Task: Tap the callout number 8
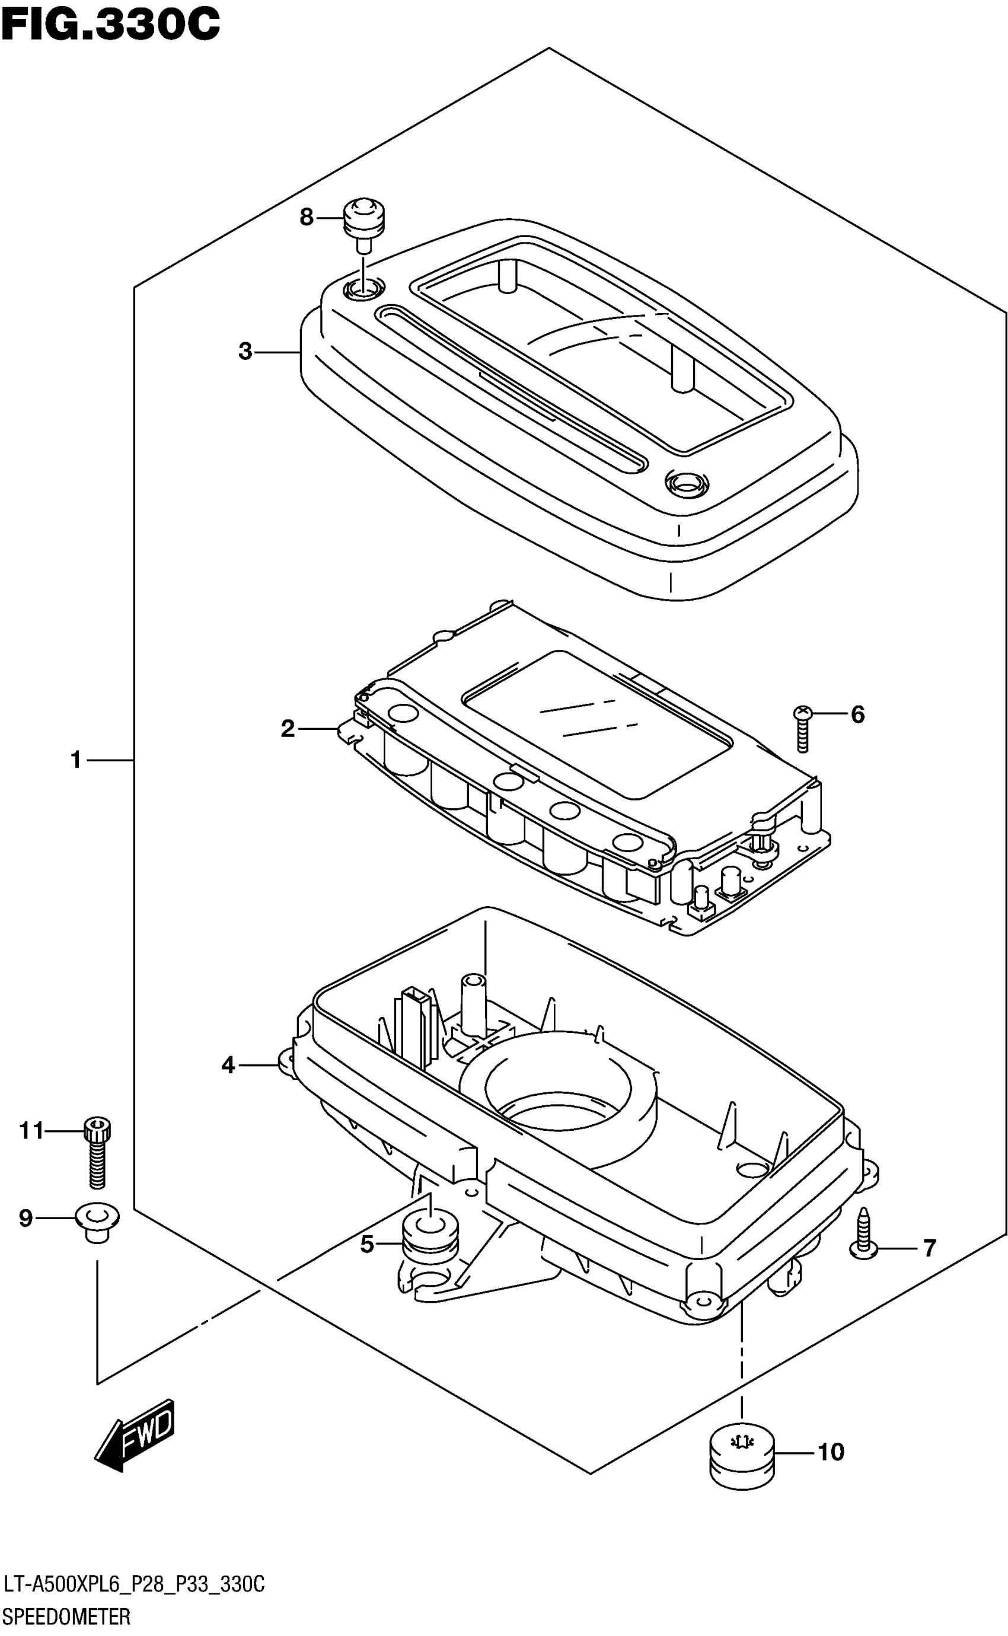306,218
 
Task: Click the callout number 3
245,351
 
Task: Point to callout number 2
288,729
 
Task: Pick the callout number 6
857,715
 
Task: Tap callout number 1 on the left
76,760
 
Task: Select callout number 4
228,1066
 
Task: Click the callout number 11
31,1131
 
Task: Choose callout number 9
25,1218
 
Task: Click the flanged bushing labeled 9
98,1222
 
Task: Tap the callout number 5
366,1244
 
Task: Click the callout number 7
929,1248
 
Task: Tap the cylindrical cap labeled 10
742,1465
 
